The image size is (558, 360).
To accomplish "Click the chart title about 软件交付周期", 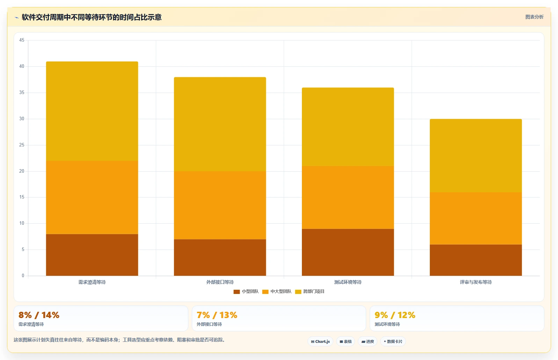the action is tap(92, 17).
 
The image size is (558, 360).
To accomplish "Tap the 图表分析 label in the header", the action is tap(534, 17).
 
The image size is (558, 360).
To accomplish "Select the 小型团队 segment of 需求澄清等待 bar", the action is tap(92, 255).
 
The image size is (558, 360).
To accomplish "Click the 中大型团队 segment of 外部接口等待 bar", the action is tap(220, 205).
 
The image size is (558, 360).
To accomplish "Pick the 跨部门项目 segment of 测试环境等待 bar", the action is tap(348, 127).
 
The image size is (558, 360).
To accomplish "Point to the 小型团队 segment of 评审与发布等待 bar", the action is tap(476, 260).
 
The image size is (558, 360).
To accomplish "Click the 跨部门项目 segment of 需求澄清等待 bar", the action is tap(92, 111).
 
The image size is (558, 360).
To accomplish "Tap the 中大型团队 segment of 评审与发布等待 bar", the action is tap(476, 218).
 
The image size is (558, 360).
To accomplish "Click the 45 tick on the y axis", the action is tap(22, 40).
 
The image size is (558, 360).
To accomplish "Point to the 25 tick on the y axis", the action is tap(22, 145).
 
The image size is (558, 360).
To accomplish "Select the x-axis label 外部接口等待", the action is tap(220, 282).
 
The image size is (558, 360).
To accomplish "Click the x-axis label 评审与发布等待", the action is tap(476, 282).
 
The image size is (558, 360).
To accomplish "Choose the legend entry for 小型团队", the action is tap(246, 291).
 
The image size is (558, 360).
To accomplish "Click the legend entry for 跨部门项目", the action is tap(310, 291).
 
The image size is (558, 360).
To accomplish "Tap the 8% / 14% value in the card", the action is tap(39, 315).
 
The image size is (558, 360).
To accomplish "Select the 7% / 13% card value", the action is tap(217, 315).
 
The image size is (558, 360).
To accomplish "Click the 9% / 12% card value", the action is tap(395, 315).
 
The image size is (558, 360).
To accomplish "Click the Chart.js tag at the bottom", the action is tap(320, 341).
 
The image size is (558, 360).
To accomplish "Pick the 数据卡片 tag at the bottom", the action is tap(393, 341).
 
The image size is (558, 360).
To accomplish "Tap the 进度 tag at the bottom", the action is tap(368, 341).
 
